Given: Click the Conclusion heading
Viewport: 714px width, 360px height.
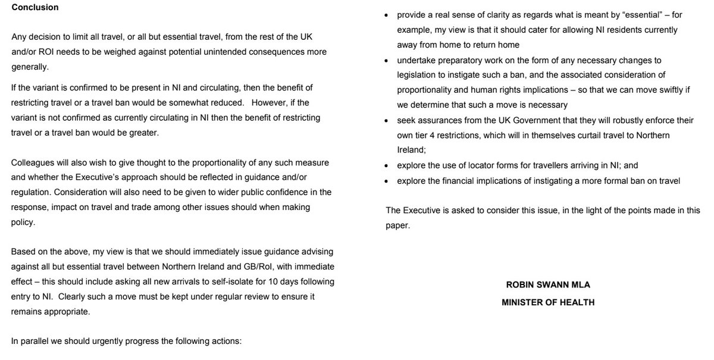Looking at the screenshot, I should [x=35, y=8].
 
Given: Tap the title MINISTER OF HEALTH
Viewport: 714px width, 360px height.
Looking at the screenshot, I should [x=547, y=302].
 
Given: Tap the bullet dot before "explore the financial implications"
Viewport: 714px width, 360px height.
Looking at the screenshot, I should [x=387, y=181].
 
